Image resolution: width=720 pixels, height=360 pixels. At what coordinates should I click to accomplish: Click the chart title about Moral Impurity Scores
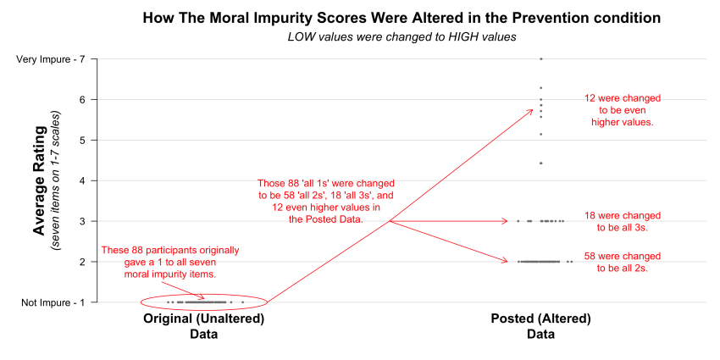click(x=402, y=18)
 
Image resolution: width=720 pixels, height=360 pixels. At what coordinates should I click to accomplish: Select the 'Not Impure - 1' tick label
click(x=57, y=302)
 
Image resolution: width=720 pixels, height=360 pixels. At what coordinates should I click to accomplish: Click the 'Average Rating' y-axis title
click(x=39, y=180)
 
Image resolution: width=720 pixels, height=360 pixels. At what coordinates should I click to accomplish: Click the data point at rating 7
click(x=540, y=58)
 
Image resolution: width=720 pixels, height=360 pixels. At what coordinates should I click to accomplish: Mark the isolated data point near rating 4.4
click(x=540, y=163)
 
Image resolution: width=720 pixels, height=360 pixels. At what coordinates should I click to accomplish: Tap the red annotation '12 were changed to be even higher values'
click(x=623, y=110)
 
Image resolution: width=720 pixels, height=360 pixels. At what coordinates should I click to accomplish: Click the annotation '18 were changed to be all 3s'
click(x=623, y=221)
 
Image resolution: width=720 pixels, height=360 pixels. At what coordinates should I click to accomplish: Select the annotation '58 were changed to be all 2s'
click(x=623, y=262)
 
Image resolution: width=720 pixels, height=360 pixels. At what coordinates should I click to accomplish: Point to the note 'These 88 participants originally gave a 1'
click(x=170, y=262)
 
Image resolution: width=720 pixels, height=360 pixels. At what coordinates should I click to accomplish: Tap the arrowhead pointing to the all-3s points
click(x=505, y=221)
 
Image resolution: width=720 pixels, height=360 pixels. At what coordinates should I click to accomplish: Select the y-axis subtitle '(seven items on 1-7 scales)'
click(x=56, y=180)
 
